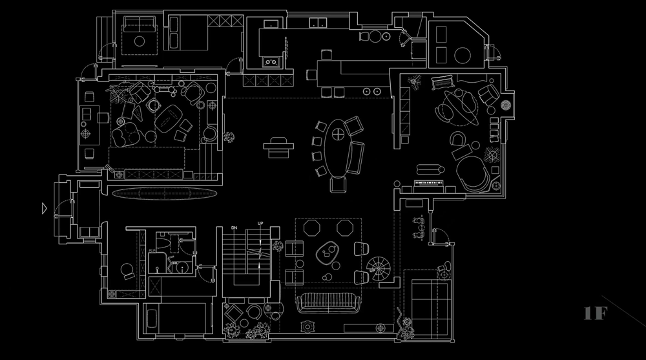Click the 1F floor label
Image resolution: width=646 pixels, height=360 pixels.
click(595, 314)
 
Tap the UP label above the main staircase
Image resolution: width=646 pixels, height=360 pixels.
click(260, 224)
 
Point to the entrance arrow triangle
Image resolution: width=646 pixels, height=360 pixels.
click(43, 208)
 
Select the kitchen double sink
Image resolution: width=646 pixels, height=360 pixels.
click(271, 62)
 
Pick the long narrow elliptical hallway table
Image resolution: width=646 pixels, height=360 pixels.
click(161, 193)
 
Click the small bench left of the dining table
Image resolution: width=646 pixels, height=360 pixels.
click(278, 145)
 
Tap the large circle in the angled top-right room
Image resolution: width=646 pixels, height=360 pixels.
click(462, 56)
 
